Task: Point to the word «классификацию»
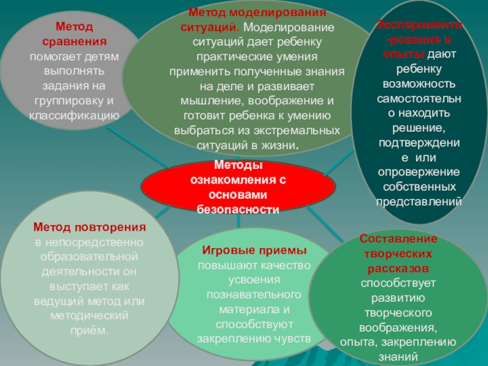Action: (74, 114)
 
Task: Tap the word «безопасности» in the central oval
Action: (238, 209)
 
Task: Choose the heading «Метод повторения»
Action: (90, 228)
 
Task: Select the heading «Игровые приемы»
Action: (254, 251)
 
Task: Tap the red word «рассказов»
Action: (399, 268)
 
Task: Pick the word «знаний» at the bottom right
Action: (399, 358)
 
